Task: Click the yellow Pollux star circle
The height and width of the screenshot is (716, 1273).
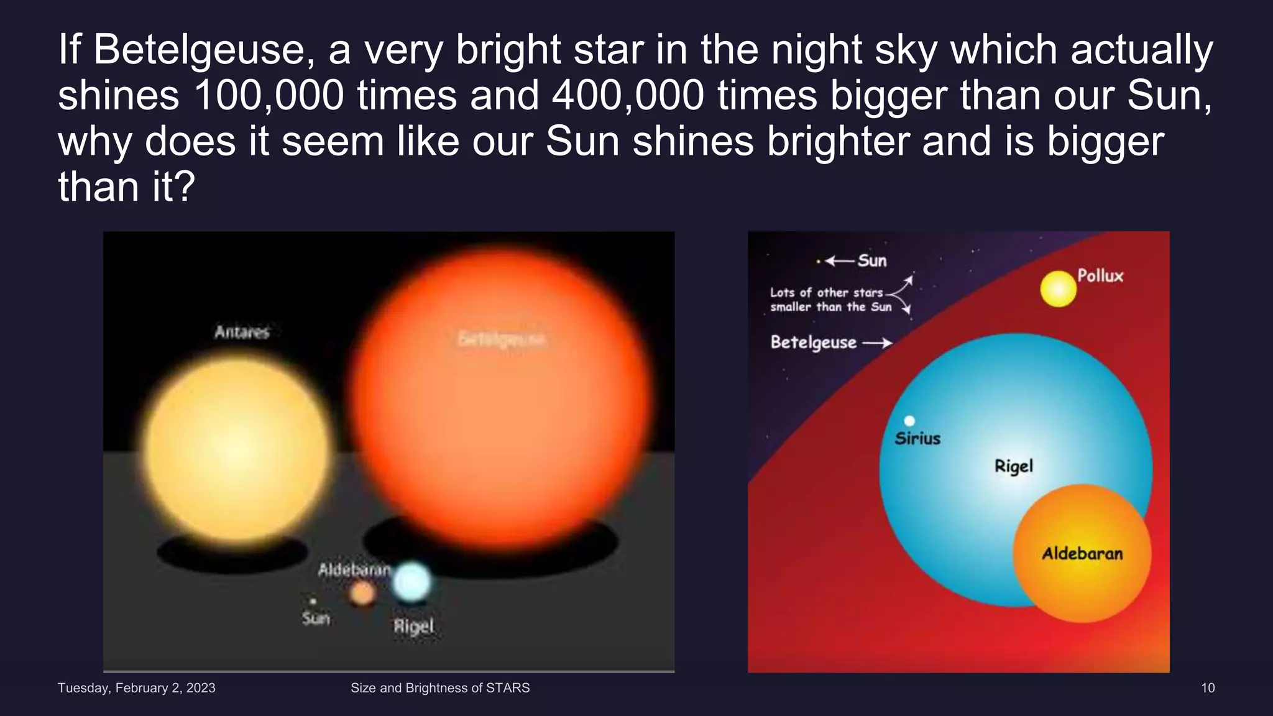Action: pyautogui.click(x=1058, y=289)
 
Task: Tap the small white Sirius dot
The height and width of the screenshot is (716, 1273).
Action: pyautogui.click(x=909, y=421)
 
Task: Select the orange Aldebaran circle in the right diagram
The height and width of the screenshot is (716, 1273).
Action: pyautogui.click(x=1082, y=553)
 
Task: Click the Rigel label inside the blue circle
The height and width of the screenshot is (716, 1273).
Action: pyautogui.click(x=1014, y=466)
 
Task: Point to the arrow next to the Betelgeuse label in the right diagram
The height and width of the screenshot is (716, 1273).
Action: pyautogui.click(x=877, y=342)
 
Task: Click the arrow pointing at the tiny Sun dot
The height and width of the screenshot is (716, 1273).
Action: pyautogui.click(x=839, y=261)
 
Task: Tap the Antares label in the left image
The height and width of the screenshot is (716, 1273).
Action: pyautogui.click(x=242, y=332)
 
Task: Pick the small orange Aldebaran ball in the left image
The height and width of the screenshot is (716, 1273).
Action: pyautogui.click(x=362, y=594)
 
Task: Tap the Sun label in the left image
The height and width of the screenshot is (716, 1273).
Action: pyautogui.click(x=316, y=618)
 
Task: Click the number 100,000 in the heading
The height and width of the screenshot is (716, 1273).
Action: pyautogui.click(x=269, y=96)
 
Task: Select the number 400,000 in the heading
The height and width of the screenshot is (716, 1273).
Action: pyautogui.click(x=628, y=96)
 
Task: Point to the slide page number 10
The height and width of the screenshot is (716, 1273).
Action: pyautogui.click(x=1207, y=688)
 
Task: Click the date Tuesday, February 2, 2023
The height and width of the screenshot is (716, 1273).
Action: pyautogui.click(x=136, y=688)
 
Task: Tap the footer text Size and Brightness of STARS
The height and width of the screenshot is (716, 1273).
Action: pyautogui.click(x=440, y=688)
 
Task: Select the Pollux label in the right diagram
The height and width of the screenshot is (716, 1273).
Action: pyautogui.click(x=1100, y=276)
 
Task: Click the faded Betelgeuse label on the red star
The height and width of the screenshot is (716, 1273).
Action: pyautogui.click(x=501, y=339)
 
